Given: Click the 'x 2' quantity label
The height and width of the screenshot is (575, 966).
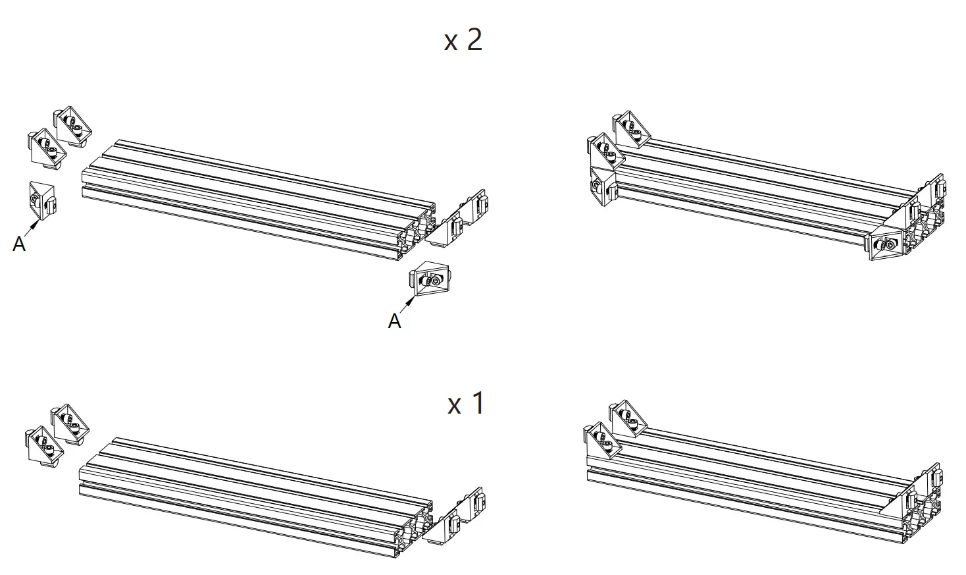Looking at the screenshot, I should pos(463,40).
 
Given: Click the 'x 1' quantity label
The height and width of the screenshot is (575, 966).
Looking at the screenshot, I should pos(466,403).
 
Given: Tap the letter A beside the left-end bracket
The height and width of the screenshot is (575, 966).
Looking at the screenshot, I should pos(19,244).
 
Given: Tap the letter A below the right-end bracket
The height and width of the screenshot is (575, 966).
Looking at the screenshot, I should pos(394,321).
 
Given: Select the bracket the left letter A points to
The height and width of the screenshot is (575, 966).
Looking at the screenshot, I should pos(43,200).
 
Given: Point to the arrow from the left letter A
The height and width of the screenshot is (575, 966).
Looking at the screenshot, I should pos(31,227).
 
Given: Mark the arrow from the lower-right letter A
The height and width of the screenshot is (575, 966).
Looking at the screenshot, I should pos(408,304).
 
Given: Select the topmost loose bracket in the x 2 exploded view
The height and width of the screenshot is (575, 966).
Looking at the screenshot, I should pos(72,123).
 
